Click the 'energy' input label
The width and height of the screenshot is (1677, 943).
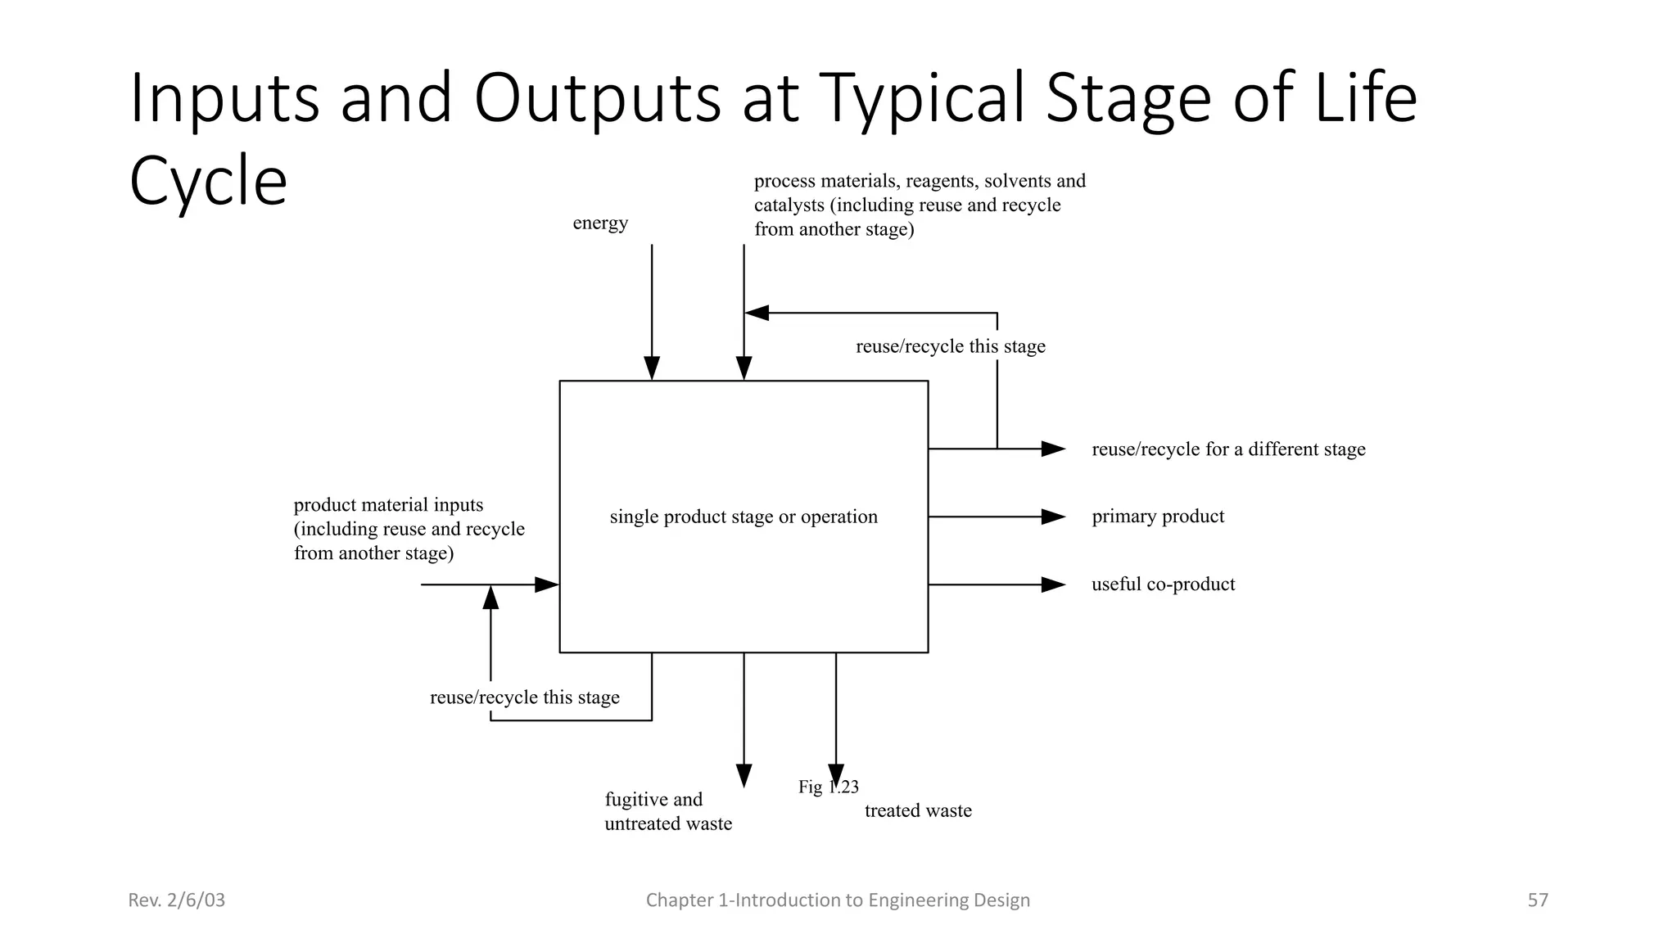[x=600, y=223]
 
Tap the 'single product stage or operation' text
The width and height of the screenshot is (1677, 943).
[x=744, y=517]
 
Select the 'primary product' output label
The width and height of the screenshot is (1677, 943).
[x=1158, y=517]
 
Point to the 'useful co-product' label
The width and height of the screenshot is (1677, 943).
[x=1163, y=584]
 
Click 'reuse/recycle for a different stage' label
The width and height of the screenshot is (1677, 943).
[x=1228, y=449]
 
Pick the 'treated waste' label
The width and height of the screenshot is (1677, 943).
[x=918, y=810]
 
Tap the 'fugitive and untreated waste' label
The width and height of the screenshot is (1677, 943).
[x=667, y=811]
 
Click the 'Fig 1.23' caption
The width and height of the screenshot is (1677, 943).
[x=828, y=787]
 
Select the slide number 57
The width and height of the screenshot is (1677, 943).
[x=1537, y=900]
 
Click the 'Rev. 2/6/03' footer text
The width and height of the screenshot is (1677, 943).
[x=177, y=900]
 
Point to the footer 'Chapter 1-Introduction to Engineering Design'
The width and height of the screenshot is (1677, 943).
[x=838, y=900]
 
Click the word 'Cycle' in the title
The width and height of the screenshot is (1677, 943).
[x=208, y=181]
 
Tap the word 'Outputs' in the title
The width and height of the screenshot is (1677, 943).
[x=597, y=99]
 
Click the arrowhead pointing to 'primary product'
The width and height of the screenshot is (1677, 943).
[x=1052, y=517]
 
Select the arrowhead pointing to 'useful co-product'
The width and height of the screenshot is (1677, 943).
[x=1052, y=584]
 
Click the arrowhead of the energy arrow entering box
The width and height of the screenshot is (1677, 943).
[x=652, y=368]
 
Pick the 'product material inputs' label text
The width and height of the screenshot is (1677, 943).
[x=388, y=505]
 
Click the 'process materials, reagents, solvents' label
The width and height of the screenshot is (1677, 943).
[x=919, y=181]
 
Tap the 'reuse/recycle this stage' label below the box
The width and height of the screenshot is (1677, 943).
[x=524, y=697]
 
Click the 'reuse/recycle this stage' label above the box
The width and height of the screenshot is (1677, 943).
[x=950, y=346]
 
